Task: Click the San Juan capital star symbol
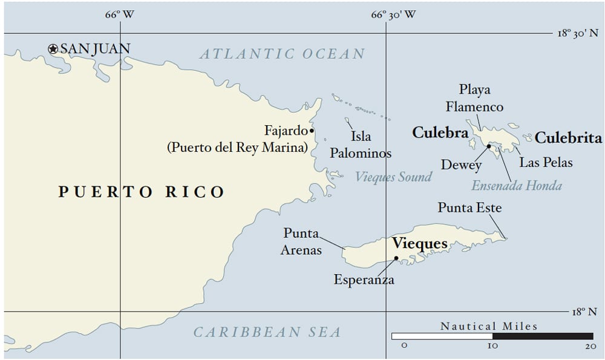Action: (x=53, y=49)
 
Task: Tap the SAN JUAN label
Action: (x=95, y=48)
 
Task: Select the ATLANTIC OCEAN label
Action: (x=283, y=54)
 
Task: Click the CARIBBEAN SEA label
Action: (x=267, y=332)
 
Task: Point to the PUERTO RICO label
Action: (x=142, y=192)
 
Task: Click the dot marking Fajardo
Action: (x=312, y=130)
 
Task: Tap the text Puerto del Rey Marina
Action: (x=237, y=148)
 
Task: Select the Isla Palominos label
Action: (x=360, y=145)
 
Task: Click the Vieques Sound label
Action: (x=393, y=177)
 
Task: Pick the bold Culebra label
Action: (x=440, y=133)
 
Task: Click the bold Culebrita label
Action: (x=569, y=138)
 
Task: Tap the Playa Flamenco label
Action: (x=474, y=98)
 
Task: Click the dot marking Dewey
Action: (x=488, y=146)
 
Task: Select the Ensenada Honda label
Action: (x=516, y=186)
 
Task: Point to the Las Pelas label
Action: (x=546, y=162)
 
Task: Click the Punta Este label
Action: (x=469, y=208)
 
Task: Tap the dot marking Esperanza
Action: (x=396, y=258)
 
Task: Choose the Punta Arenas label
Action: (x=301, y=241)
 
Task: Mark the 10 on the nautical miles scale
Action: (x=492, y=345)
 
